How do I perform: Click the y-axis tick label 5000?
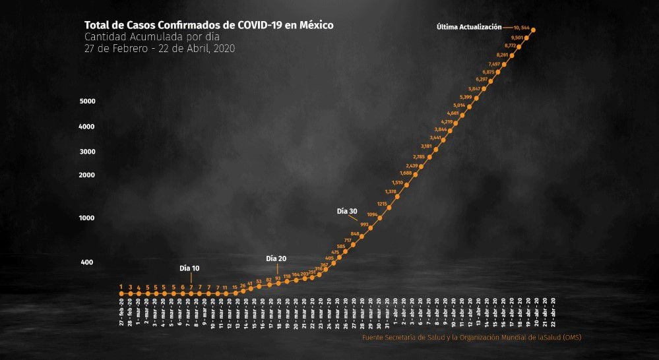click(88, 102)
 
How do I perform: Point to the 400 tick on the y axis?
click(88, 262)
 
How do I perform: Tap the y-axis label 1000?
click(88, 218)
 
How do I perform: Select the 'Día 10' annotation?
click(189, 268)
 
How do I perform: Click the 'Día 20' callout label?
click(276, 258)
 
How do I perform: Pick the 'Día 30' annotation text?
click(347, 211)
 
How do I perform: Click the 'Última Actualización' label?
click(469, 27)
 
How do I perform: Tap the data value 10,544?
click(517, 27)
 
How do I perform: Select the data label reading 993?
click(365, 224)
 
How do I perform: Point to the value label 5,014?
click(459, 105)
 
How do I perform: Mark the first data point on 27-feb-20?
click(121, 294)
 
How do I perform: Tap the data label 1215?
click(382, 204)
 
